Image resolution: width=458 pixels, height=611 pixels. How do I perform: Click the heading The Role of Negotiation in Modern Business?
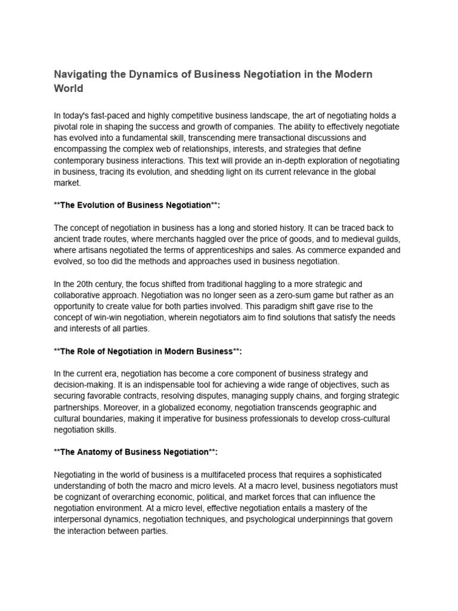[x=148, y=351]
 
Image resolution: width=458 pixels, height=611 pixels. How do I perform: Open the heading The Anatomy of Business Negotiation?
[x=134, y=452]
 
